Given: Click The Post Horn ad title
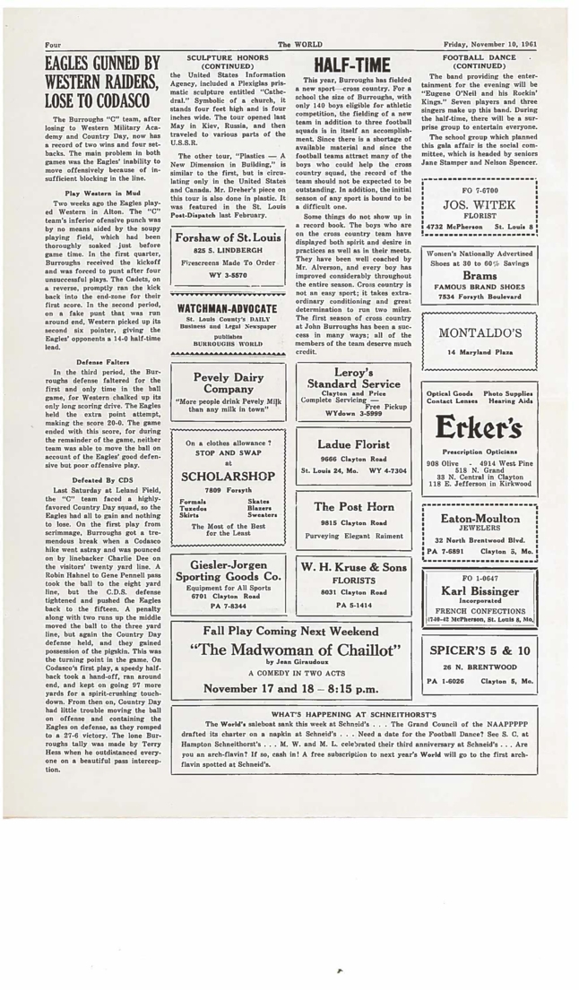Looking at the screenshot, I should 357,507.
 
